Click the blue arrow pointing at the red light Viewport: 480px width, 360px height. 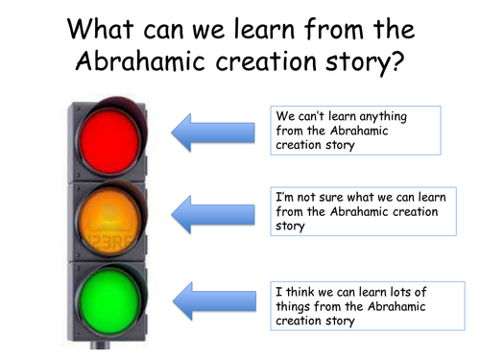pos(209,131)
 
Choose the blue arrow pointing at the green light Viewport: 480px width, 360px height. pos(209,300)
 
